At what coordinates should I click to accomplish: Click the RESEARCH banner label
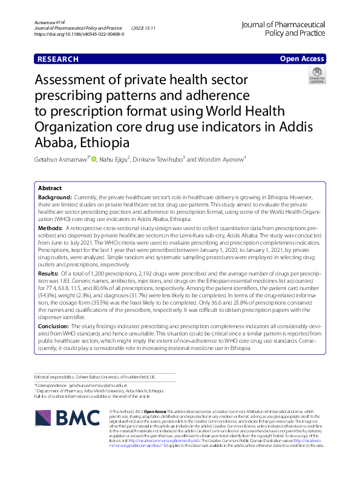pyautogui.click(x=57, y=59)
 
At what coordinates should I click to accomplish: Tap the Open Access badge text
pyautogui.click(x=302, y=59)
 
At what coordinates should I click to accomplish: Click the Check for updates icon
pyautogui.click(x=316, y=76)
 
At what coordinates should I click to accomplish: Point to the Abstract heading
pyautogui.click(x=50, y=188)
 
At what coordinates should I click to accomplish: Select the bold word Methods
pyautogui.click(x=51, y=226)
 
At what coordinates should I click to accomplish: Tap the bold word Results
pyautogui.click(x=50, y=274)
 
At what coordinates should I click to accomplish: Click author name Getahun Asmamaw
pyautogui.click(x=62, y=159)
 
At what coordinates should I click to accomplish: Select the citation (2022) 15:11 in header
pyautogui.click(x=143, y=28)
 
